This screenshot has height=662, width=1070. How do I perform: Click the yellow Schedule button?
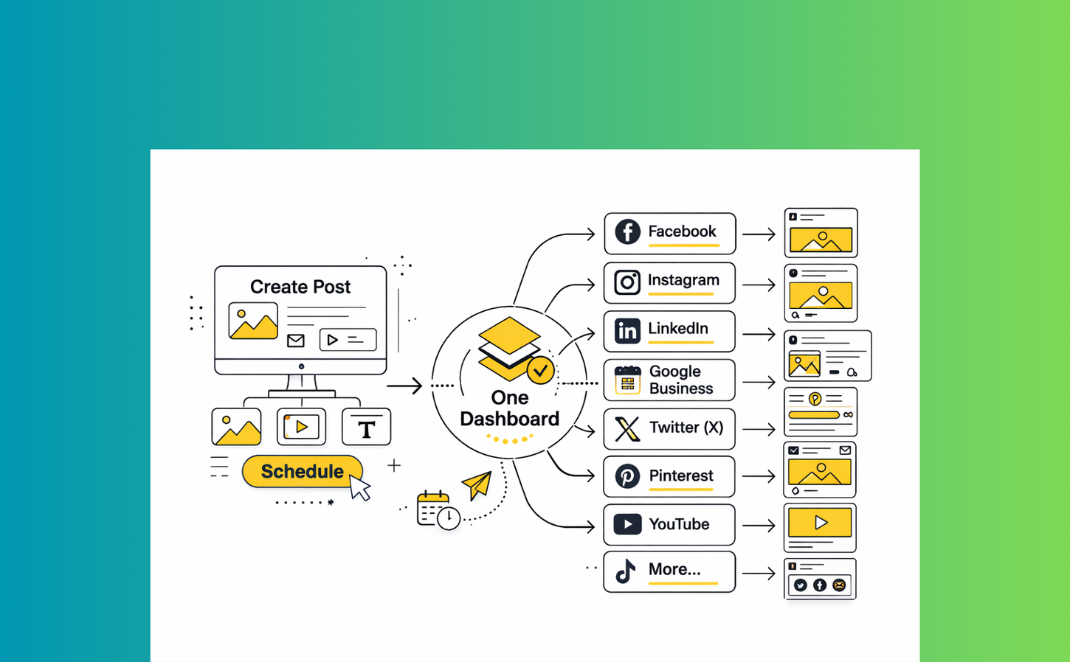click(302, 472)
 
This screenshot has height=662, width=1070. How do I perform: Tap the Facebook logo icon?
click(627, 232)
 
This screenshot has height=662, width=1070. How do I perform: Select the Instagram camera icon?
click(627, 282)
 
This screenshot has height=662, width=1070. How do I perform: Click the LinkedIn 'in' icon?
click(627, 331)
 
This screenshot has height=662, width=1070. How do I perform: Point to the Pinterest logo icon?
click(627, 476)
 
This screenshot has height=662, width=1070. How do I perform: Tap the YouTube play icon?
click(627, 524)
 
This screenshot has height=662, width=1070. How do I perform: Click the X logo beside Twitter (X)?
click(627, 428)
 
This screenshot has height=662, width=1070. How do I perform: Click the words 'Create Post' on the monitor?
click(300, 287)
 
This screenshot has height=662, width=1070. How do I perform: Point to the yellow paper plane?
click(477, 484)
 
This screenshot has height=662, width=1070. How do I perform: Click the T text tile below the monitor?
click(366, 428)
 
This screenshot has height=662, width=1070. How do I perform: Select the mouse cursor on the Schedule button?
click(359, 488)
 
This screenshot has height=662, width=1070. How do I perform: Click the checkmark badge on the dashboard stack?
click(541, 370)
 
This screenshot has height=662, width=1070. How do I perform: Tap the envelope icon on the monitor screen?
click(296, 341)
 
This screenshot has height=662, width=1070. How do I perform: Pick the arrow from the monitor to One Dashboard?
click(404, 386)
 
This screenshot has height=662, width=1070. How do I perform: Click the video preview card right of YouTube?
click(820, 528)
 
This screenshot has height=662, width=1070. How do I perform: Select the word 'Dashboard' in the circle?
click(509, 419)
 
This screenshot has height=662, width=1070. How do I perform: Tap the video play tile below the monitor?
click(301, 427)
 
